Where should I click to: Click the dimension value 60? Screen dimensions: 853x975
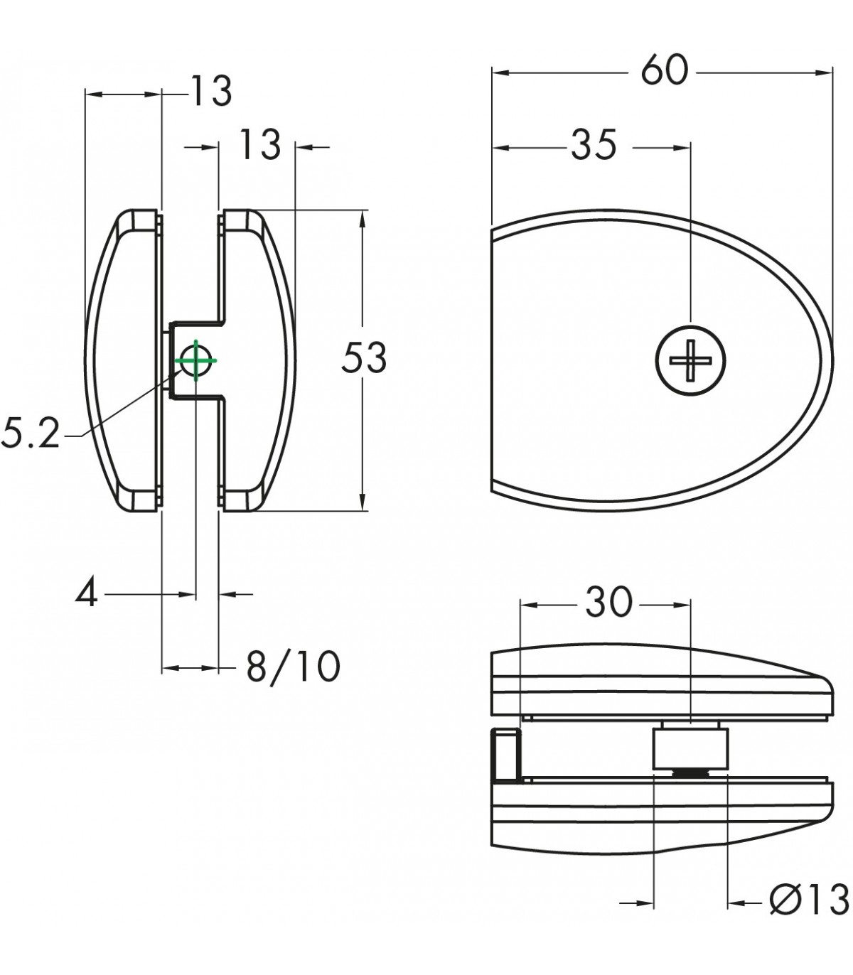pos(665,70)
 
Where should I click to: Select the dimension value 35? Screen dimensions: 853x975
pos(594,145)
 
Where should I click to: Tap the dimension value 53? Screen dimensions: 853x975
pos(364,357)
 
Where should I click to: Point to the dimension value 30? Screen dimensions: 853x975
pos(608,602)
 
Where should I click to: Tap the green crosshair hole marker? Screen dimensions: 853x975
pos(196,360)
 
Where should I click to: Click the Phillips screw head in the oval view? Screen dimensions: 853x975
pos(690,360)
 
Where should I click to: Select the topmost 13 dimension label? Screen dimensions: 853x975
pos(211,90)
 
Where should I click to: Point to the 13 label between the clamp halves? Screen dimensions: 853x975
pos(259,144)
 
